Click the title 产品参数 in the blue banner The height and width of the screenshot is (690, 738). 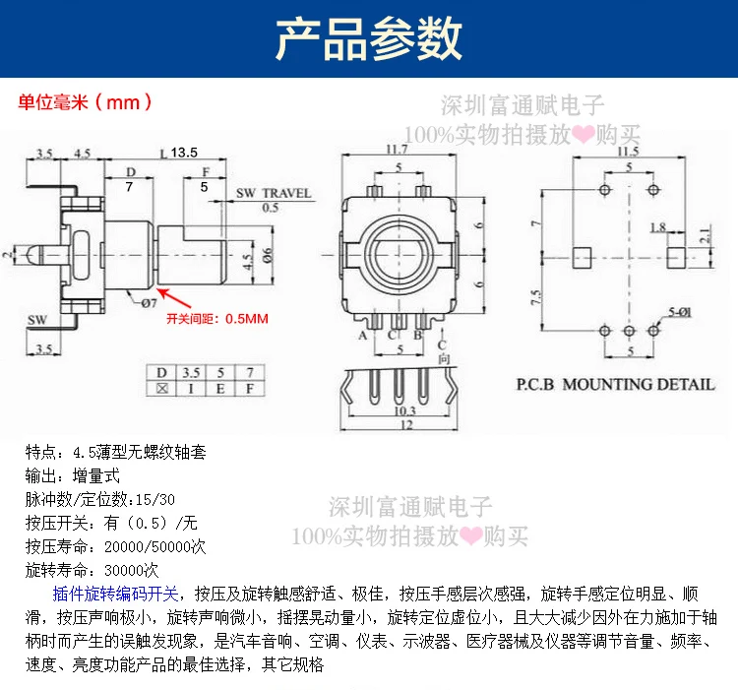click(x=369, y=38)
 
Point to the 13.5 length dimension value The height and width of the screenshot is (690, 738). click(x=184, y=152)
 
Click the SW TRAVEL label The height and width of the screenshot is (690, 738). click(x=273, y=193)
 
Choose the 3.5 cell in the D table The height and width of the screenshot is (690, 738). click(x=191, y=372)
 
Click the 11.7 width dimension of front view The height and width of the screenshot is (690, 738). click(x=397, y=150)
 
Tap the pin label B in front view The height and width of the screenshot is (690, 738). click(x=417, y=335)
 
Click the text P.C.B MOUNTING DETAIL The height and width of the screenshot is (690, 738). click(x=616, y=383)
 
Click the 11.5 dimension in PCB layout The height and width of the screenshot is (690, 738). click(x=627, y=151)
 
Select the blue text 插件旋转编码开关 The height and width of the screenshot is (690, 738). click(x=115, y=594)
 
